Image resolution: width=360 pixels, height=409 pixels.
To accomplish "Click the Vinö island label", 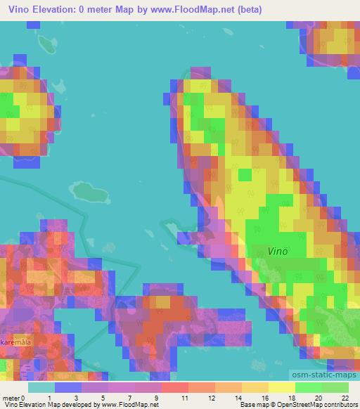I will pyautogui.click(x=280, y=249).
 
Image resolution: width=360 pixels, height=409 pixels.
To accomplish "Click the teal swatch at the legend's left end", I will pyautogui.click(x=41, y=387).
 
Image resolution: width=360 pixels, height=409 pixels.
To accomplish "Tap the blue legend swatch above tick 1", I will pyautogui.click(x=67, y=387).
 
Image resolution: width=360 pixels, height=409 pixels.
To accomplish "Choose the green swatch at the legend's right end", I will pyautogui.click(x=335, y=387).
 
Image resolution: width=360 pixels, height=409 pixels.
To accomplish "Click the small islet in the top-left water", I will pyautogui.click(x=47, y=44).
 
